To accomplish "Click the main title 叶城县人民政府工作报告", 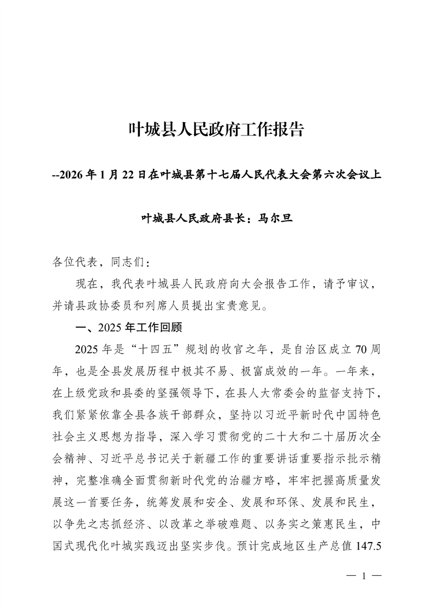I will pyautogui.click(x=216, y=131).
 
